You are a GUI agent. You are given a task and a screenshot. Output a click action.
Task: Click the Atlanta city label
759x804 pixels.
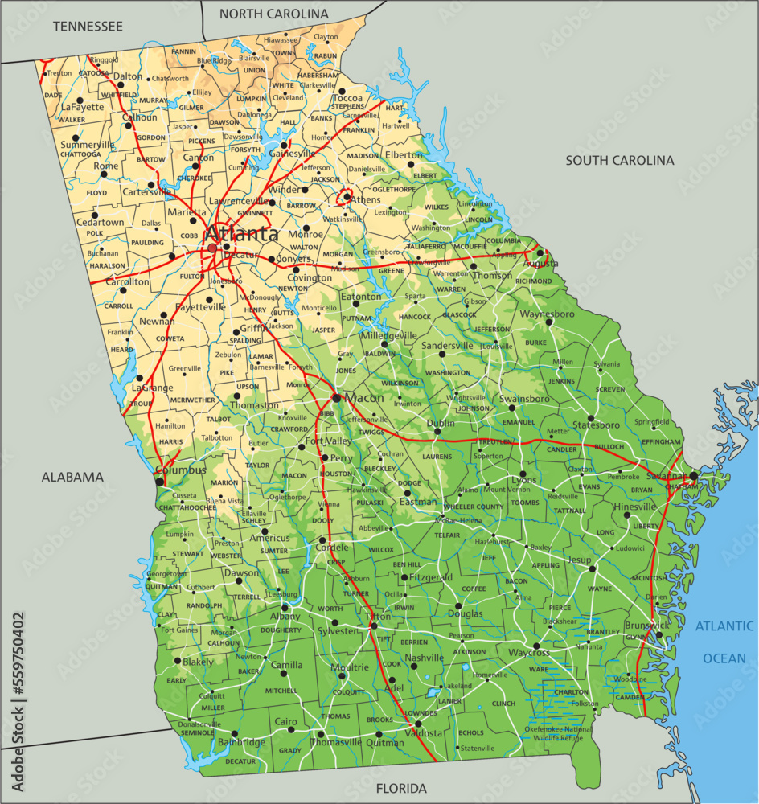pos(241,235)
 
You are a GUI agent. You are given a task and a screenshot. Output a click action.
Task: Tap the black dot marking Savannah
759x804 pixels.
pos(693,476)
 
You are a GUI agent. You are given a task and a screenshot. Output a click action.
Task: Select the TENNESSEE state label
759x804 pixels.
pos(88,27)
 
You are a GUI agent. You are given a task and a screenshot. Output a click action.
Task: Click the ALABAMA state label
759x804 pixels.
pos(72,477)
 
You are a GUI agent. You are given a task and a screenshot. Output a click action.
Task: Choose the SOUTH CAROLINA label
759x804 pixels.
pos(619,160)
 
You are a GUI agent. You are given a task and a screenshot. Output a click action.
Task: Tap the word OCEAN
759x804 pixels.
pos(724,658)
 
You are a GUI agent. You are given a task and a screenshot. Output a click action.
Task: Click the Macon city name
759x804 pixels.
pos(363,398)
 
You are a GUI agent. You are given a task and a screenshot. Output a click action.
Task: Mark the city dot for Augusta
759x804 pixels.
pos(540,253)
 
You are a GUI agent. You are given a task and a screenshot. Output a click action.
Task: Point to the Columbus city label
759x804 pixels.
pos(181,470)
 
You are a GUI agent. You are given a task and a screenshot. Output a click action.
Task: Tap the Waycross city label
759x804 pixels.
pos(529,653)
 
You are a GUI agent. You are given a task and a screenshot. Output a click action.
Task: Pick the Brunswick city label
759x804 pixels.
pos(646,625)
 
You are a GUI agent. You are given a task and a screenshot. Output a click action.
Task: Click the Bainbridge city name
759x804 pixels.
pos(240,742)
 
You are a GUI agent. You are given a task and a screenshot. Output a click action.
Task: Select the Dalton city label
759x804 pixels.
pos(128,76)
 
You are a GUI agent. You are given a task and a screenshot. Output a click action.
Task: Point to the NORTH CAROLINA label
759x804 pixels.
pos(274,14)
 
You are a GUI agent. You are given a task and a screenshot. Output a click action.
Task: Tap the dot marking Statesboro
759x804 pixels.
pos(591,419)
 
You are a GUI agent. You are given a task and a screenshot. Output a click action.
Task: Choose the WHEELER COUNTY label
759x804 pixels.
pos(474,507)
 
